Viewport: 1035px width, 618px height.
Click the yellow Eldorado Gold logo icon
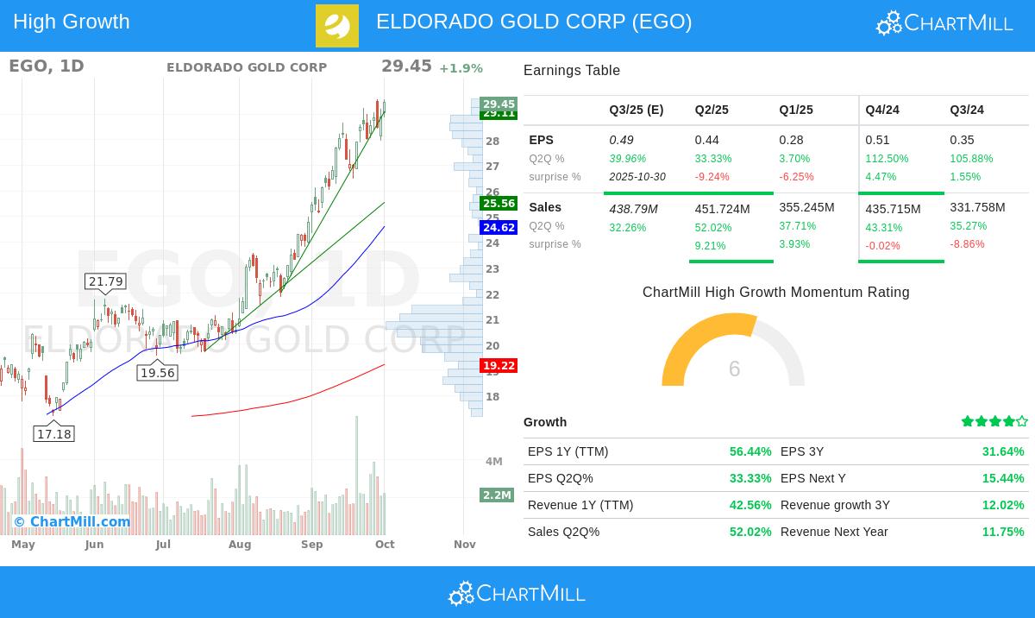click(337, 26)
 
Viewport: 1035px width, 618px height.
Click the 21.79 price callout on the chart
click(106, 281)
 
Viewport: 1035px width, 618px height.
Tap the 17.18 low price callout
click(53, 434)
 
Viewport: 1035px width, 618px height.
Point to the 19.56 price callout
click(157, 373)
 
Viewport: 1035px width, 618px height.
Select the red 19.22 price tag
click(499, 366)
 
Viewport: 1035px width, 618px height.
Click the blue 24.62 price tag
click(499, 228)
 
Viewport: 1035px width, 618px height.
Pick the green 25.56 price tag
click(499, 204)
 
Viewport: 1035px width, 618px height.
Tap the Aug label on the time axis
click(240, 545)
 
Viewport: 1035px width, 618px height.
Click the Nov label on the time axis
click(465, 545)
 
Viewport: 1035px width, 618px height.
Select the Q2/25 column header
click(712, 110)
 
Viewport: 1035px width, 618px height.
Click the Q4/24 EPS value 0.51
click(878, 140)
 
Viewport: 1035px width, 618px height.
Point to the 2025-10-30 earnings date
click(637, 177)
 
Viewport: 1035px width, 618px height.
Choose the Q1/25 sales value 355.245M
click(806, 208)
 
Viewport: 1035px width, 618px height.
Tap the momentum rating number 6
click(734, 369)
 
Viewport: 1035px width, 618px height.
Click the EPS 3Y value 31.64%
click(1003, 451)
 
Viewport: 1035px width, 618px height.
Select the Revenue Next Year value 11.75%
click(1003, 532)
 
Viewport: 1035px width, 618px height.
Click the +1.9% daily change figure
click(461, 69)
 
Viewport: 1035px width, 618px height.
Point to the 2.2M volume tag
click(497, 495)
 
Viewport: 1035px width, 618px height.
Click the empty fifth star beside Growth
click(1022, 422)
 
